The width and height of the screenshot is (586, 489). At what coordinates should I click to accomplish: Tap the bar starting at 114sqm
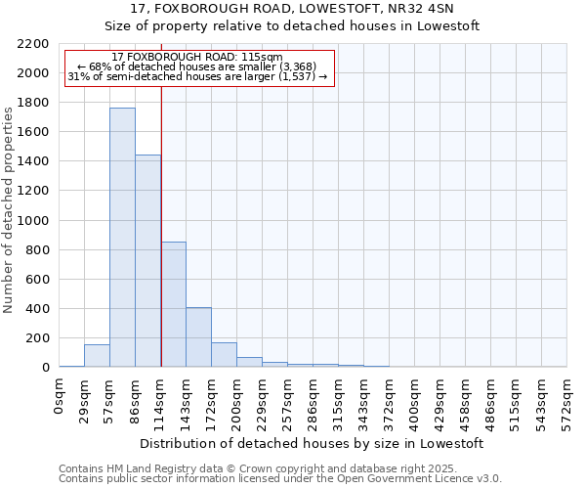click(x=173, y=304)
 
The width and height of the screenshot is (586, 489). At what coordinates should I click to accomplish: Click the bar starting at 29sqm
click(x=97, y=356)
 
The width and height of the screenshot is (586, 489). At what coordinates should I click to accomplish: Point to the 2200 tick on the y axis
click(x=32, y=44)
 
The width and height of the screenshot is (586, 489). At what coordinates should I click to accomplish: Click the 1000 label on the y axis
click(x=32, y=221)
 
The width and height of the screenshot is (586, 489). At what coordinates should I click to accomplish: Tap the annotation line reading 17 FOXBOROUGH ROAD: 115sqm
click(x=197, y=58)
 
